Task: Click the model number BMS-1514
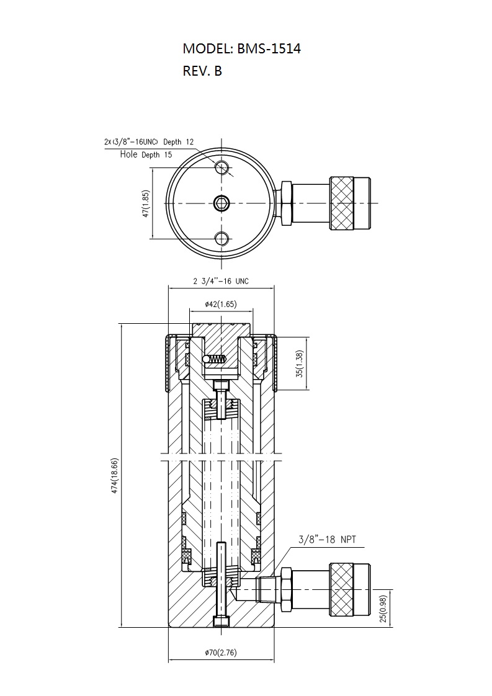point(269,48)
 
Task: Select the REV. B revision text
point(202,71)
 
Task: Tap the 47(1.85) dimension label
point(146,203)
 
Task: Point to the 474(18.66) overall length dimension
point(115,476)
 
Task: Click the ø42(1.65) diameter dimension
point(221,304)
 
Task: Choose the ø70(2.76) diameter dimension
point(221,653)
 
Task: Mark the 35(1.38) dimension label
point(300,364)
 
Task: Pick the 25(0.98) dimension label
point(384,608)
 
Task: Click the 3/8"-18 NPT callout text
point(327,540)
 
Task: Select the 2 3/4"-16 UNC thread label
point(221,281)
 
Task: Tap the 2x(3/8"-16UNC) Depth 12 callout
point(149,142)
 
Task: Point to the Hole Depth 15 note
point(146,154)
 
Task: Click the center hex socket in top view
point(221,203)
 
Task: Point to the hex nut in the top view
point(286,203)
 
